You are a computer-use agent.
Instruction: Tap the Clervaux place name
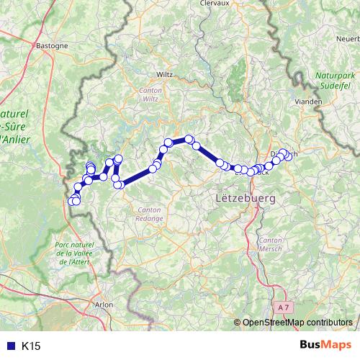pos(214,3)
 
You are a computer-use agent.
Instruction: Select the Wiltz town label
pos(165,73)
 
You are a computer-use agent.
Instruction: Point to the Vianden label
pos(309,102)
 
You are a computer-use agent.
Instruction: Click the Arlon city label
pos(104,305)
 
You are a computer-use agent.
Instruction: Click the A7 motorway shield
pos(285,307)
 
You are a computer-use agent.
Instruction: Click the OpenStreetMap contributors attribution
pos(296,322)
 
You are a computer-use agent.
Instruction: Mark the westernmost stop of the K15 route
pos(71,202)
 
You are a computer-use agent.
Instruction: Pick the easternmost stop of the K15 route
pos(289,156)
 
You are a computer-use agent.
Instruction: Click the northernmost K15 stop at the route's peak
pos(189,138)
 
